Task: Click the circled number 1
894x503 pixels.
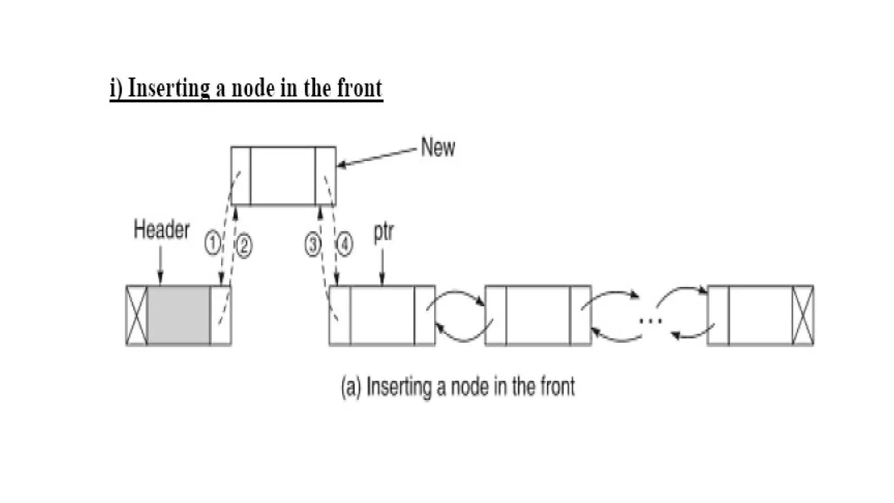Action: (x=212, y=243)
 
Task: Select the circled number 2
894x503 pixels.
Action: (x=244, y=246)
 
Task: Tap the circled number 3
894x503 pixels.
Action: (x=313, y=245)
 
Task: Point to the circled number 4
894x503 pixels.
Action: (x=344, y=244)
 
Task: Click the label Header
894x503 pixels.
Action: (x=162, y=230)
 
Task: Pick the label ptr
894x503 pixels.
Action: (x=383, y=232)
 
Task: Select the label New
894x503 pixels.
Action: (x=438, y=148)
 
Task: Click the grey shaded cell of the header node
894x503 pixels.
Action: (x=179, y=315)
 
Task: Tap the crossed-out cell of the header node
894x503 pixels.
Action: (x=137, y=315)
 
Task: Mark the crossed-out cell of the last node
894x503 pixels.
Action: (x=803, y=315)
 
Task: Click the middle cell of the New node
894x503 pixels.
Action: (x=283, y=176)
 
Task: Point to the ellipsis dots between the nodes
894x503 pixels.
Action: (x=650, y=321)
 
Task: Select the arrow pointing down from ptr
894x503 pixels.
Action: (x=382, y=267)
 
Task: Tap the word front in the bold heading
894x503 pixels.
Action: (x=360, y=88)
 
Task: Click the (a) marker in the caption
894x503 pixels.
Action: (x=351, y=387)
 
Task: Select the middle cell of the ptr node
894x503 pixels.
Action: (x=382, y=315)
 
